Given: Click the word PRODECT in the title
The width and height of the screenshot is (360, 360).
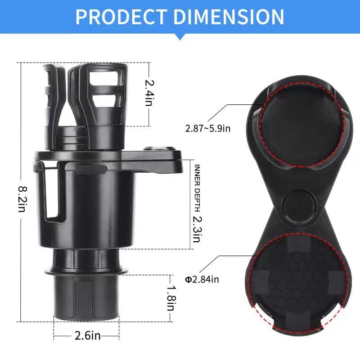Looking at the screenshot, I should tap(121, 17).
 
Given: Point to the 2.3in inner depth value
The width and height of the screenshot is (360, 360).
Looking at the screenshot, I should tap(196, 228).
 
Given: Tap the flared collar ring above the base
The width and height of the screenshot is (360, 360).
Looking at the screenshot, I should tap(85, 271).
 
